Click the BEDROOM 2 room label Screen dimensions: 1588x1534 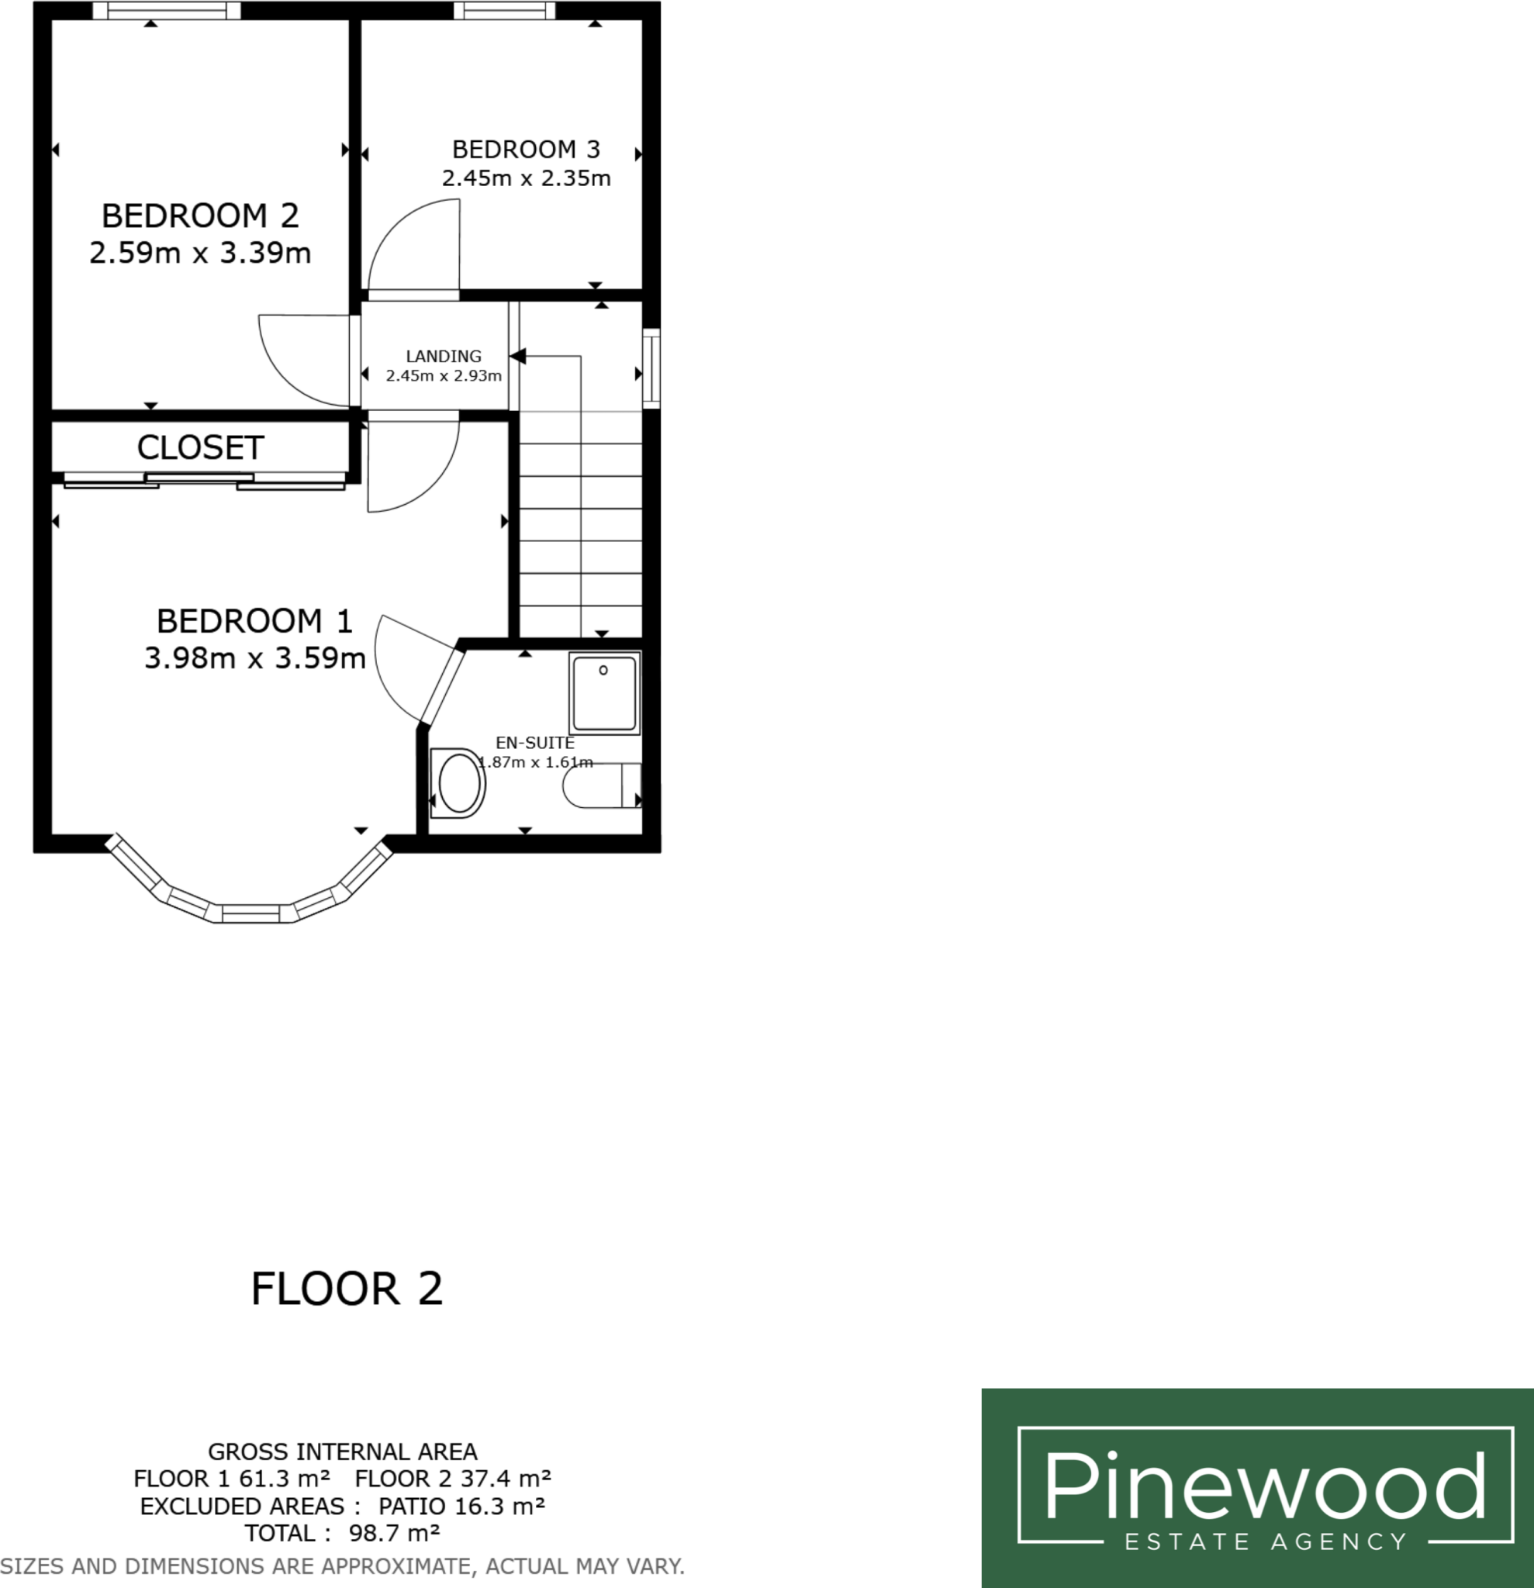tap(200, 216)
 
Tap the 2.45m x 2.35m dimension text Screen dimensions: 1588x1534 tap(526, 178)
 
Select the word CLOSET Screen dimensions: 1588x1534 tap(200, 447)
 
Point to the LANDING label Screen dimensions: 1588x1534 tap(444, 357)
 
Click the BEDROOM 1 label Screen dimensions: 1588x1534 tap(254, 621)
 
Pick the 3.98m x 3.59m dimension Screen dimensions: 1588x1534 tap(254, 658)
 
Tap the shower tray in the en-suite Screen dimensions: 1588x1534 tap(603, 693)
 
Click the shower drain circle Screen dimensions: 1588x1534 tap(603, 670)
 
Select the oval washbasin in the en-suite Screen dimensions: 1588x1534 tap(458, 783)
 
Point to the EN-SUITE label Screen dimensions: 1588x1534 tap(535, 743)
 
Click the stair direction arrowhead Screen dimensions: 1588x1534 tap(518, 356)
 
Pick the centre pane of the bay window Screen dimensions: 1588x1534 tap(250, 914)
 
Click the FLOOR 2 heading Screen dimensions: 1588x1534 tap(347, 1289)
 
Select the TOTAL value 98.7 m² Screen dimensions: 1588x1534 tap(394, 1533)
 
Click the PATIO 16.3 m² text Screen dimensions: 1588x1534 tap(461, 1506)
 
